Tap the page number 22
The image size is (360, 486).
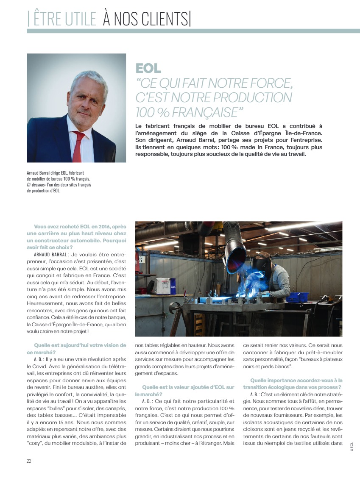tap(29, 461)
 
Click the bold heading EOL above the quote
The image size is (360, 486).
tap(148, 68)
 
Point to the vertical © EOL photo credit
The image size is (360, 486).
tap(352, 447)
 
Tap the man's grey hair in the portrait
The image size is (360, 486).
tap(87, 78)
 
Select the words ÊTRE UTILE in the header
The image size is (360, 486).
tap(64, 19)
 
